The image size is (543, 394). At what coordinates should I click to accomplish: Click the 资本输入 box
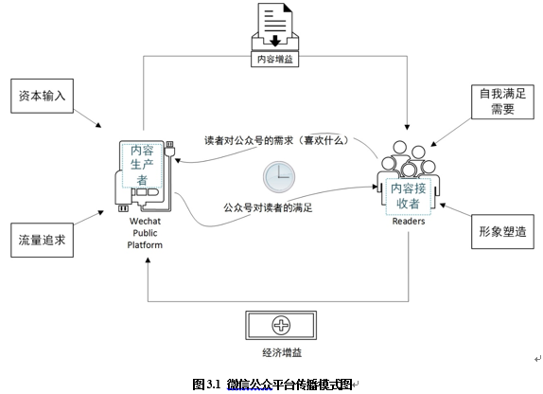coord(42,96)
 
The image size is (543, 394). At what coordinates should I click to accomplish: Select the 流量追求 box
coord(42,240)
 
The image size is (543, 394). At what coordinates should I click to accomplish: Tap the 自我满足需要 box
coord(502,102)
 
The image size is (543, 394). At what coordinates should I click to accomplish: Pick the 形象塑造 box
coord(502,232)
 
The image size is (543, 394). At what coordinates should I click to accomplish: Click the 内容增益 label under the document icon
coord(275,59)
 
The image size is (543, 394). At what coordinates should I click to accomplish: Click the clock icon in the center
coord(279,177)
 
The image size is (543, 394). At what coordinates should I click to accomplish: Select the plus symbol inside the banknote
coord(281,325)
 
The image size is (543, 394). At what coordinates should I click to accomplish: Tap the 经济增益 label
coord(282,352)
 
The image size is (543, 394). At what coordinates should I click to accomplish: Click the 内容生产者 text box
coord(142,166)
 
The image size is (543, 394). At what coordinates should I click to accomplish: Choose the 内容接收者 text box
coord(409,196)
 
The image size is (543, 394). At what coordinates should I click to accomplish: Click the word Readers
coord(409,222)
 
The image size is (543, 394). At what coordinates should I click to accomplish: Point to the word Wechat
coord(145,222)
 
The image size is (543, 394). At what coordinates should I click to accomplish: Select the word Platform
coord(145,245)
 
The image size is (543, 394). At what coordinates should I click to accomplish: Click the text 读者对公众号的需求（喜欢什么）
coord(276,140)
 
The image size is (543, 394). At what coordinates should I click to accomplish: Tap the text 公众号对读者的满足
coord(268,207)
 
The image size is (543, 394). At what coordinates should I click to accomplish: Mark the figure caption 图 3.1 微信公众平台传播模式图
coord(272,385)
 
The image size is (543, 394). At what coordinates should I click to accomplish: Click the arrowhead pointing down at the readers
coord(407,127)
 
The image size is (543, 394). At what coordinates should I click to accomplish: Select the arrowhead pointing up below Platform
coord(148,260)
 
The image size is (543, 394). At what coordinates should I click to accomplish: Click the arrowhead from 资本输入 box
coord(98,125)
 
